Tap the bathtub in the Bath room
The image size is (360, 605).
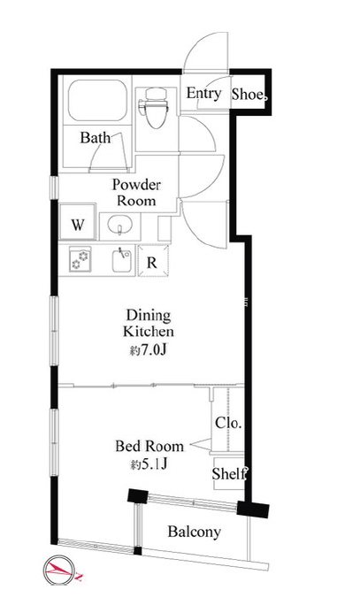pyautogui.click(x=97, y=100)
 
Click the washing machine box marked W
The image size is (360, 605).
pyautogui.click(x=78, y=223)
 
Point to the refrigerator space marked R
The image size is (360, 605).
pyautogui.click(x=153, y=260)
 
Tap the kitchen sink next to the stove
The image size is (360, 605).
pyautogui.click(x=122, y=260)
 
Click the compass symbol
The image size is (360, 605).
pyautogui.click(x=60, y=571)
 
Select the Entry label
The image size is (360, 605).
pyautogui.click(x=203, y=93)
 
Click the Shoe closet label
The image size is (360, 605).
pyautogui.click(x=249, y=94)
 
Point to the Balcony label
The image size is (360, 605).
pyautogui.click(x=194, y=532)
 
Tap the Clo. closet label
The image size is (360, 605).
pyautogui.click(x=228, y=423)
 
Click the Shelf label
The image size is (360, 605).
pyautogui.click(x=229, y=473)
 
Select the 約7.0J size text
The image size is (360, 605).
pyautogui.click(x=148, y=350)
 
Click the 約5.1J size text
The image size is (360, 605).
pyautogui.click(x=149, y=464)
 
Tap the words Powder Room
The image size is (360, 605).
pyautogui.click(x=136, y=193)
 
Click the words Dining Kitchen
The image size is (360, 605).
pyautogui.click(x=149, y=323)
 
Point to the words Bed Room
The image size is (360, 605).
pyautogui.click(x=149, y=447)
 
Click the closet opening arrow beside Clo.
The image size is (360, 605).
pyautogui.click(x=201, y=444)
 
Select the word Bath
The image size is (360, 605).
pyautogui.click(x=95, y=137)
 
